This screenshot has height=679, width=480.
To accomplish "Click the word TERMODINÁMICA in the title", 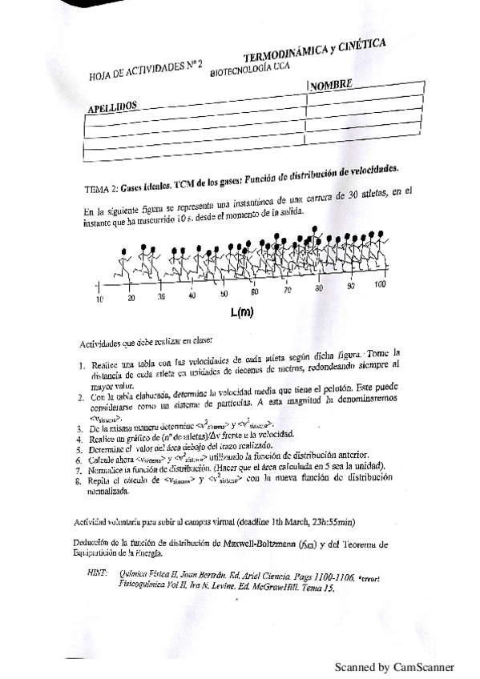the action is [286, 53].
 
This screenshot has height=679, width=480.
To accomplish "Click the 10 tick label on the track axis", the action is [100, 299].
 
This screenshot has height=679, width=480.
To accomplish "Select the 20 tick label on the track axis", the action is [131, 298].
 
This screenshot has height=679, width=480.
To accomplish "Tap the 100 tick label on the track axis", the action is [380, 284].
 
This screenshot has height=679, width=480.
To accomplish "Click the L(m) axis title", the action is [241, 312].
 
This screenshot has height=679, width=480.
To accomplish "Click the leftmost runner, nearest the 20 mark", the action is [124, 265].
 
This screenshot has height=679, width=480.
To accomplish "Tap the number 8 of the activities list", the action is [79, 481].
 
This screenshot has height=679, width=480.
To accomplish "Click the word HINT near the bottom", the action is [95, 572].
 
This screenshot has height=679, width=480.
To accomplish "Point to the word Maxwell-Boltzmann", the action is [245, 544].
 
